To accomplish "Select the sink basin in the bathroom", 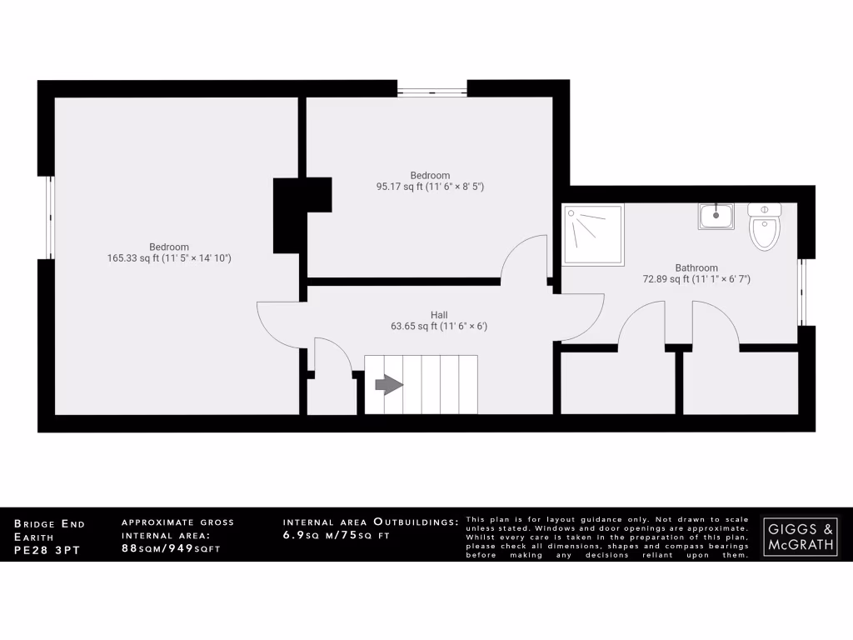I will pyautogui.click(x=716, y=217).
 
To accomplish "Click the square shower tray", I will pyautogui.click(x=593, y=234).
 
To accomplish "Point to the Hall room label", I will pyautogui.click(x=439, y=314).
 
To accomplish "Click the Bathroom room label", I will pyautogui.click(x=696, y=267).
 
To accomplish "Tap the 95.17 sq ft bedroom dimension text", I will pyautogui.click(x=430, y=187).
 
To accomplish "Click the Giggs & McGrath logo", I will pyautogui.click(x=801, y=535).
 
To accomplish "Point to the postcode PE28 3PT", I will pyautogui.click(x=47, y=551).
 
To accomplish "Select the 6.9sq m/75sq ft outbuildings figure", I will pyautogui.click(x=337, y=536).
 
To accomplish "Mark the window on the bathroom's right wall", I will pyautogui.click(x=803, y=292).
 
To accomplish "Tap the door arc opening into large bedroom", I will pyautogui.click(x=277, y=321).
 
